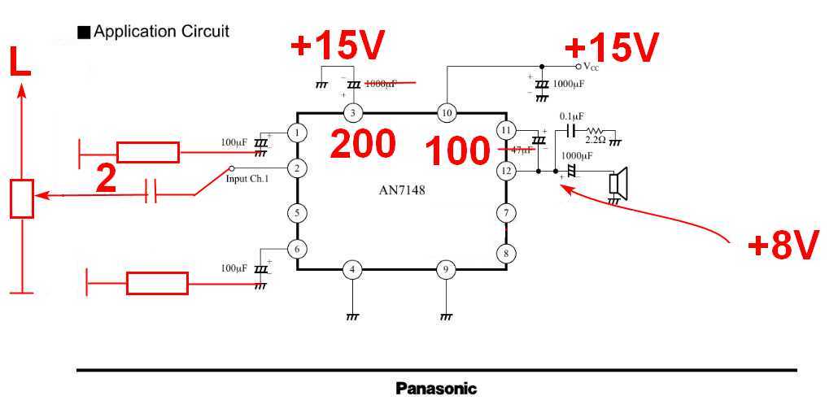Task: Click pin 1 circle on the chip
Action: [298, 132]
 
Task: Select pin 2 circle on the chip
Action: [298, 168]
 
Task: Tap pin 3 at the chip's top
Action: [353, 112]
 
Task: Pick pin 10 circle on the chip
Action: [446, 112]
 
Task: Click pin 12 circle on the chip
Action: [506, 171]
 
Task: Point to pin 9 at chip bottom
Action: [445, 268]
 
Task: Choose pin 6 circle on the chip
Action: [298, 250]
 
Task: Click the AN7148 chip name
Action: [401, 192]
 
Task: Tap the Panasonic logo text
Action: [436, 388]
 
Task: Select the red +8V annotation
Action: [782, 245]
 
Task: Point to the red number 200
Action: [362, 144]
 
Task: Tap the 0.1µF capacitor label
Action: [575, 116]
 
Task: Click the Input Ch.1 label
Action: [247, 178]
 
